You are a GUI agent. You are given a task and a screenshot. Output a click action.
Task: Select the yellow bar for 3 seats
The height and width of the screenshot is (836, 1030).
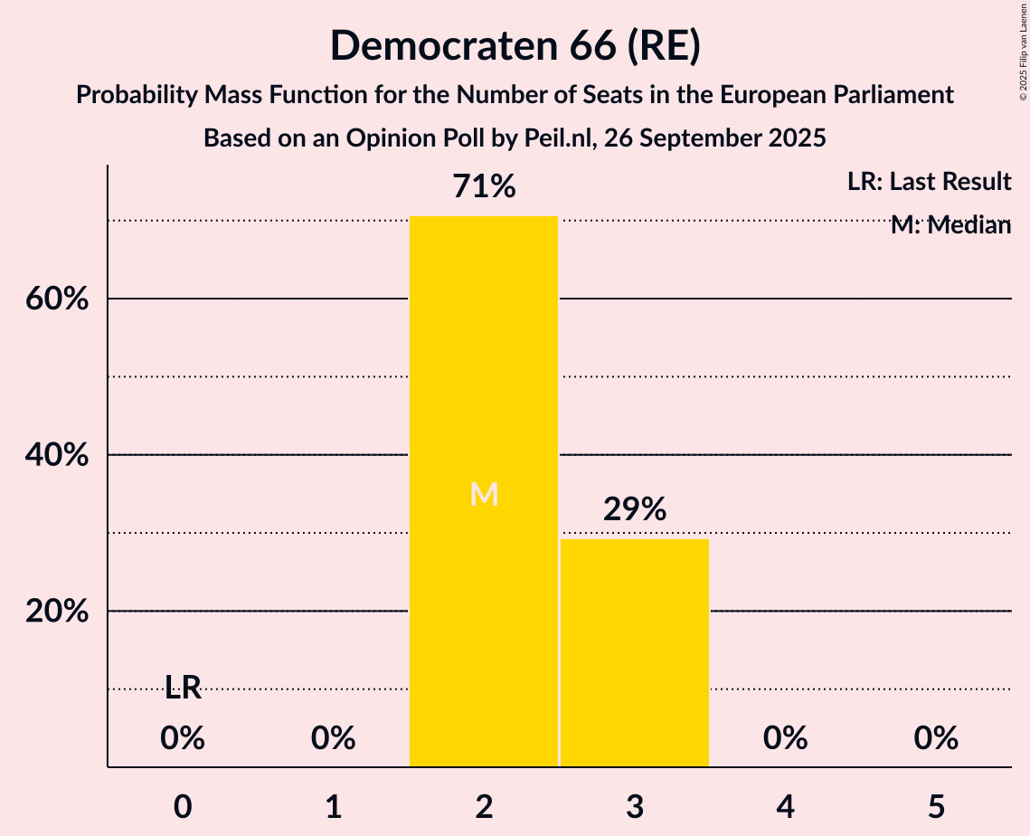635,652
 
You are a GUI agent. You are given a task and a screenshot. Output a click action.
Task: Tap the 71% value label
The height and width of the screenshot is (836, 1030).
484,187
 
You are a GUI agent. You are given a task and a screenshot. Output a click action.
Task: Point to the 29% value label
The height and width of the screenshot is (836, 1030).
635,509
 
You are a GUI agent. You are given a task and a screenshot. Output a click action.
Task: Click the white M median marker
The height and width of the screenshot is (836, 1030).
484,494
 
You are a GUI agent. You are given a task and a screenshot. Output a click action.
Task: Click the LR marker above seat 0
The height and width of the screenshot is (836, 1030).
183,688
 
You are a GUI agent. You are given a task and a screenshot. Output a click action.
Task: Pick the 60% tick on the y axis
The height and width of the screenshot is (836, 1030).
56,299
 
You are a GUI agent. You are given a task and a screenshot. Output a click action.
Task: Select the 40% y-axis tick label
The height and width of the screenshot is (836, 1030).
56,455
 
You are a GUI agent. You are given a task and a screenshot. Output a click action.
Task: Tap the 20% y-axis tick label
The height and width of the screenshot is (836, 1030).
56,612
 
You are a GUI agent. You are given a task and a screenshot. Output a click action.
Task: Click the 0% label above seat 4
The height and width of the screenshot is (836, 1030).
785,739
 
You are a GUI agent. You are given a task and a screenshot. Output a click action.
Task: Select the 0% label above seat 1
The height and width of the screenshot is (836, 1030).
334,739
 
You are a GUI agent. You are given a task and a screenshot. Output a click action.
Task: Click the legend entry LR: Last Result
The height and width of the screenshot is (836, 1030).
929,182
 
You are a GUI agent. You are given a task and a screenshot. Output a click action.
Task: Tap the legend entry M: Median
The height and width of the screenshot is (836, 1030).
950,225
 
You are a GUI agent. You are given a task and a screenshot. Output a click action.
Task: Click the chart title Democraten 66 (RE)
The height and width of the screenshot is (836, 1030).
515,46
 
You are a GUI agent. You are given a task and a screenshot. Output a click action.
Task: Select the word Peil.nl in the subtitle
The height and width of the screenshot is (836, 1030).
555,138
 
